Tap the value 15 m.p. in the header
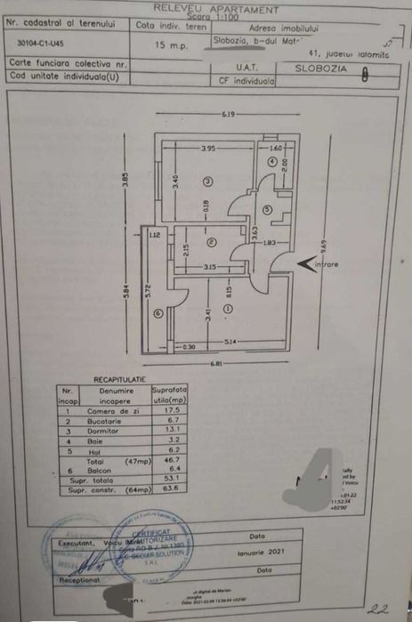(169, 43)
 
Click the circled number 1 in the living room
(228, 308)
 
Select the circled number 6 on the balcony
(158, 311)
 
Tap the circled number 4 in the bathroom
(272, 161)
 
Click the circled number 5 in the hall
(273, 210)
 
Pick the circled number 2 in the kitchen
(211, 241)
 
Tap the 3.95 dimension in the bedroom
(208, 148)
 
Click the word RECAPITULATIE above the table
(119, 379)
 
